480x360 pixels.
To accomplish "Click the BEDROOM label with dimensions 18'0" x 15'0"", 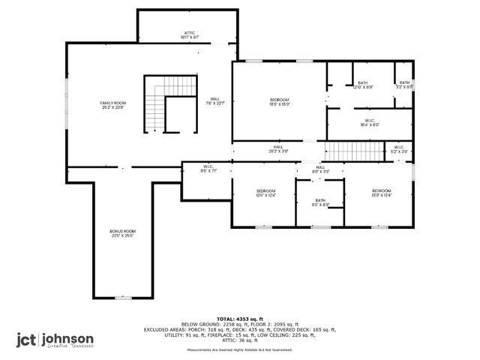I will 279,102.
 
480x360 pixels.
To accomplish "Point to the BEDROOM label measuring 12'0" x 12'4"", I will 266,193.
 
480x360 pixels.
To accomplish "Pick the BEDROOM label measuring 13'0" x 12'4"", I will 381,193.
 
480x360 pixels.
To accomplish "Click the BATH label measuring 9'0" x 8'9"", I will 320,202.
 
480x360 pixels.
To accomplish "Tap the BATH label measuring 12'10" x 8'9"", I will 363,85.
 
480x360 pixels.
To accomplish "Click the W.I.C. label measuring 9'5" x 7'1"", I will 208,169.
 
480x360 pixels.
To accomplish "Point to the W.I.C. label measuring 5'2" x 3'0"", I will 399,149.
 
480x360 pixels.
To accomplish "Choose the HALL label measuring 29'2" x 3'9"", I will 278,149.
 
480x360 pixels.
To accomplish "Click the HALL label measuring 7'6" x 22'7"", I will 215,101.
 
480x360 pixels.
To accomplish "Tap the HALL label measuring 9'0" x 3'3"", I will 320,169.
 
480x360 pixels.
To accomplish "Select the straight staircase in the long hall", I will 353,149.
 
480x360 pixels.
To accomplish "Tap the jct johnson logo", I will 56,340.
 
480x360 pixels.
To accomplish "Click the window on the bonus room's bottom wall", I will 124,298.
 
